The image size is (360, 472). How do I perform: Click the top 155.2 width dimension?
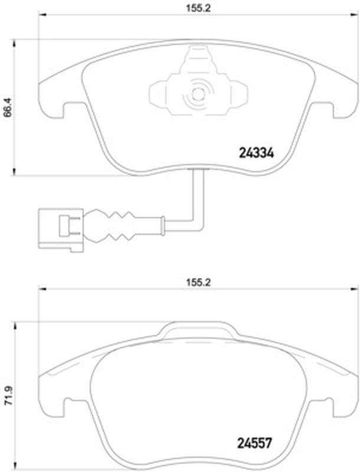point(198,8)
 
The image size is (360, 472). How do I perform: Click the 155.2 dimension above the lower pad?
point(198,283)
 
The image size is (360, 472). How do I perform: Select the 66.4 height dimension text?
point(8,107)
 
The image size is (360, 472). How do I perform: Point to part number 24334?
point(256,153)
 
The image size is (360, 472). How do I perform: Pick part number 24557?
point(254,443)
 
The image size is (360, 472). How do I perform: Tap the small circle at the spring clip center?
point(198,94)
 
